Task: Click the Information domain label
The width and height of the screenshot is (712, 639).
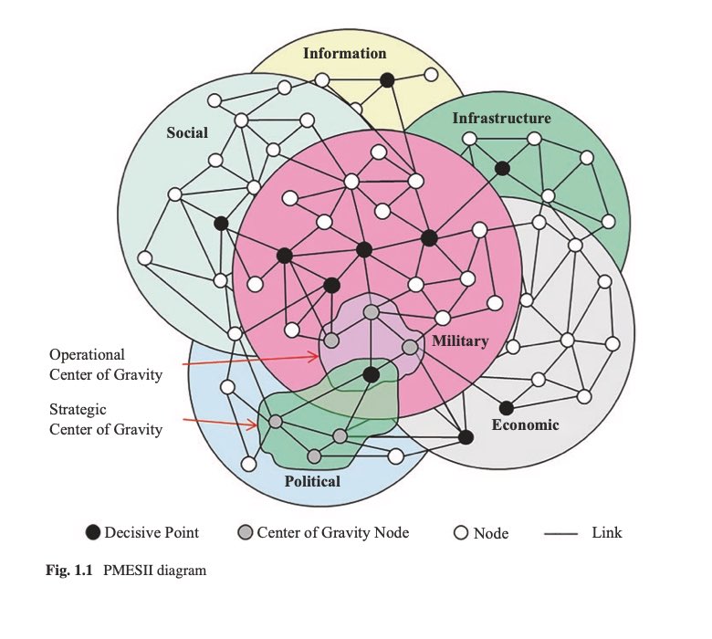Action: coord(345,53)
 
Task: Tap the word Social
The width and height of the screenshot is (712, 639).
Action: coord(187,132)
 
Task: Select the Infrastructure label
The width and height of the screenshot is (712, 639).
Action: coord(501,118)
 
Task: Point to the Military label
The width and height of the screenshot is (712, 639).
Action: coord(460,340)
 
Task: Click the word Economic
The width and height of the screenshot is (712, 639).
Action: coord(525,424)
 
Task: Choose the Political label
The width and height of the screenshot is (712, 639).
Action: coord(312,481)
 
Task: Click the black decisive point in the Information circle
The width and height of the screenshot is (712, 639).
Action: coord(387,80)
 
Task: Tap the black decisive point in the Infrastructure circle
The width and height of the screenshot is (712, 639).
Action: coord(502,169)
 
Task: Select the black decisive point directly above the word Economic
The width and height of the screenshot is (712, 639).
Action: coord(507,408)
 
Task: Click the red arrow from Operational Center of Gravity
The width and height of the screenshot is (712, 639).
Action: coord(251,361)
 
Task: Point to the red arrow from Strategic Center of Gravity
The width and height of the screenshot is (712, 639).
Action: coord(221,423)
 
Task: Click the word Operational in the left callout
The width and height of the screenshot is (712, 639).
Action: coord(87,354)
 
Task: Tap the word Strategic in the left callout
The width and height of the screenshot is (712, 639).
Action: coord(78,409)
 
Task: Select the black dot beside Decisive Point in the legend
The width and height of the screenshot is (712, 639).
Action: coord(93,532)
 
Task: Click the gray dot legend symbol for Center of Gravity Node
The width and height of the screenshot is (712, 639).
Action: coord(246,532)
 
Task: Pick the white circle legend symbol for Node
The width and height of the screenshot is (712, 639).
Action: coord(461,532)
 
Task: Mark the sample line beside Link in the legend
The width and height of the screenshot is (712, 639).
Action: coord(560,534)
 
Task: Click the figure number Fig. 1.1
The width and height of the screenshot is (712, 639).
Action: coord(69,570)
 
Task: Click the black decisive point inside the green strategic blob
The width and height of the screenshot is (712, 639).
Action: coord(371,374)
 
